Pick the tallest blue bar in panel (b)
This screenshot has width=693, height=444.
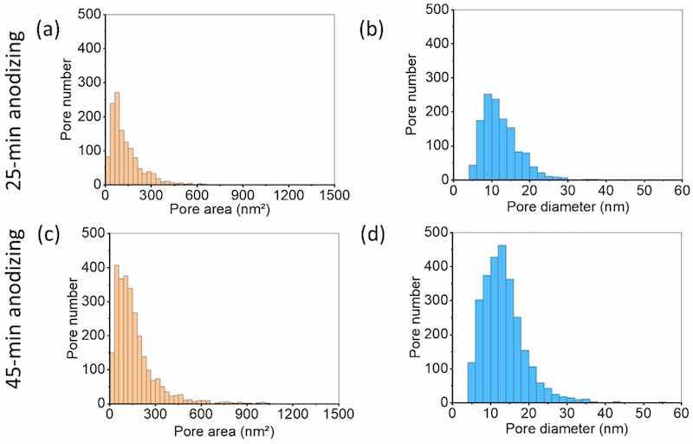[x=488, y=136]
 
